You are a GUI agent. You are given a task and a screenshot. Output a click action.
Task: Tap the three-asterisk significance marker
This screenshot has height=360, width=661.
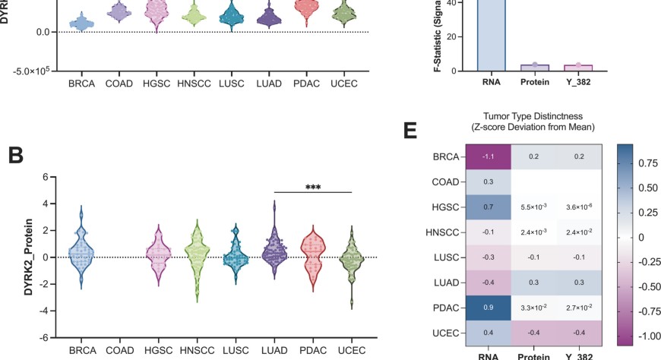coord(313,185)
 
